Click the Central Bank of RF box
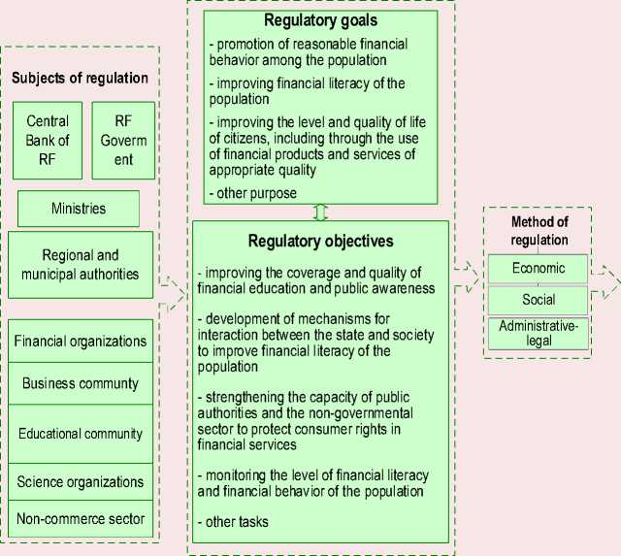(49, 141)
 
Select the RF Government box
(123, 141)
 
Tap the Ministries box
(79, 209)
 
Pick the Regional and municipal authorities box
(81, 264)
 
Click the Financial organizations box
(81, 342)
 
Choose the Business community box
(81, 383)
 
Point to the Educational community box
(81, 434)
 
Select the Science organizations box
(81, 481)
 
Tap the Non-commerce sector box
(81, 518)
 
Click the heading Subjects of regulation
(81, 79)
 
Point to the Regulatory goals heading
(320, 19)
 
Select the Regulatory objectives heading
(320, 241)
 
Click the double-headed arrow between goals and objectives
(320, 212)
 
